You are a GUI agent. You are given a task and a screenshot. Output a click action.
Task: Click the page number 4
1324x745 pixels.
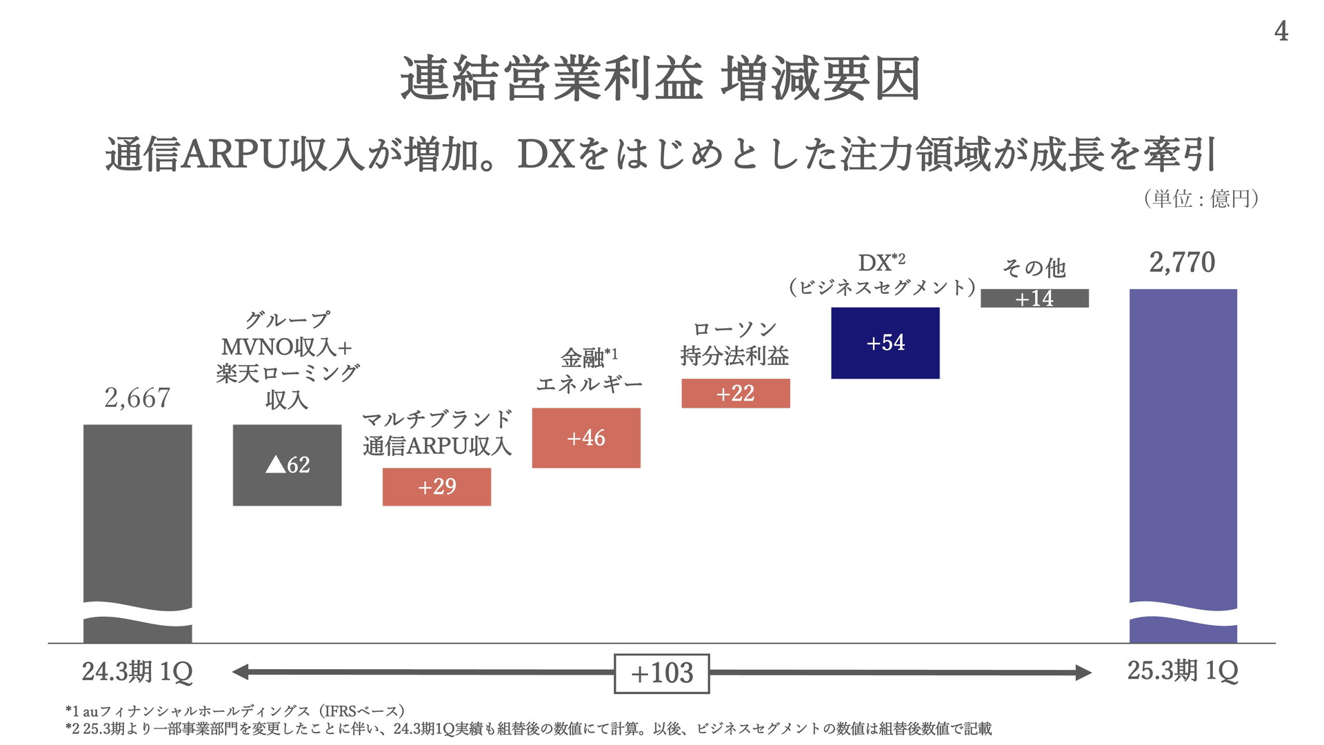[1281, 31]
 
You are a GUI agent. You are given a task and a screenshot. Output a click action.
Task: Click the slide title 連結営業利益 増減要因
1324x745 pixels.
[660, 79]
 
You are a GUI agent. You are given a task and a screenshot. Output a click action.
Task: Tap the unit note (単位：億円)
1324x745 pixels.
[1201, 199]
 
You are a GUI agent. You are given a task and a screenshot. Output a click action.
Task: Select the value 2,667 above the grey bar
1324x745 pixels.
[137, 398]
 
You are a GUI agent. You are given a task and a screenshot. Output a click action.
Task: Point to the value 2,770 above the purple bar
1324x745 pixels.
[1182, 262]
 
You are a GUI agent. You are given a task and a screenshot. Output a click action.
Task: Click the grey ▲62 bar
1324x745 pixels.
[287, 464]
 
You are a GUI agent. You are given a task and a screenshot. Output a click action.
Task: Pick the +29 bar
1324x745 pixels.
[437, 486]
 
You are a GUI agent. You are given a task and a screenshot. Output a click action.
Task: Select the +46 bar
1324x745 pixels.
[586, 437]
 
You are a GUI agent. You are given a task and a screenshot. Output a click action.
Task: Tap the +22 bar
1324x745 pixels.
[735, 393]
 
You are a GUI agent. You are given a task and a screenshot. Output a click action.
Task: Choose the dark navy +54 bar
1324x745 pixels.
[885, 343]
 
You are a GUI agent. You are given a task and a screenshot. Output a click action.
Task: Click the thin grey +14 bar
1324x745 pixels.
[1034, 298]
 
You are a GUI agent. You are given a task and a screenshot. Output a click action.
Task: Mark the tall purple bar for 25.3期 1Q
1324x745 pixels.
[1183, 448]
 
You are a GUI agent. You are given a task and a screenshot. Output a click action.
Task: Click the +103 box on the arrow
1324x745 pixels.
[661, 673]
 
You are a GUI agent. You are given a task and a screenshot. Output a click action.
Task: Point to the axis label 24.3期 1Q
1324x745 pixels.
[137, 671]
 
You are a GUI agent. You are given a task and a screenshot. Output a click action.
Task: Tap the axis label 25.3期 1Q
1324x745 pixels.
[1183, 670]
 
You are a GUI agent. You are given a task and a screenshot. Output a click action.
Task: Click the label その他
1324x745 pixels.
[1034, 268]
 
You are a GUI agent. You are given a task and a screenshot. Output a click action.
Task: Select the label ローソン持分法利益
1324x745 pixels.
[734, 344]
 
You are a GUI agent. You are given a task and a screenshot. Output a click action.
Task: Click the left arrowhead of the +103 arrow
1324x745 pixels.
[240, 672]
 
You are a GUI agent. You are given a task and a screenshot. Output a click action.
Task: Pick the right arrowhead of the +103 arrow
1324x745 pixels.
[1083, 672]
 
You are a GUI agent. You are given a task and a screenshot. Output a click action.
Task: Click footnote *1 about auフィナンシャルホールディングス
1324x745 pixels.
[234, 711]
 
